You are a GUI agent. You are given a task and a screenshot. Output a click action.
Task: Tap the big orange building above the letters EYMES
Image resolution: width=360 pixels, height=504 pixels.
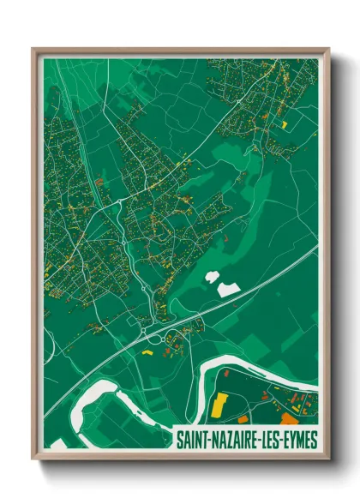click(x=289, y=419)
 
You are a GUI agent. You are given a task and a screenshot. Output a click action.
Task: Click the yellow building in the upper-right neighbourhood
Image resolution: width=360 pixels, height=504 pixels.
click(x=284, y=125)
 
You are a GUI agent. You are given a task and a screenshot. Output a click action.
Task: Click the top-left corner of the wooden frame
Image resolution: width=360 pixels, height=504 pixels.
click(x=33, y=49)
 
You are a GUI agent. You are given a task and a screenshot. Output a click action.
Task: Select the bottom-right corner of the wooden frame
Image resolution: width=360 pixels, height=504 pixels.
click(x=328, y=460)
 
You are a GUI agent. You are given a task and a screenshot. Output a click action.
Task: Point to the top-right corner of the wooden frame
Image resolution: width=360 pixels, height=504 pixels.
click(x=328, y=49)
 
